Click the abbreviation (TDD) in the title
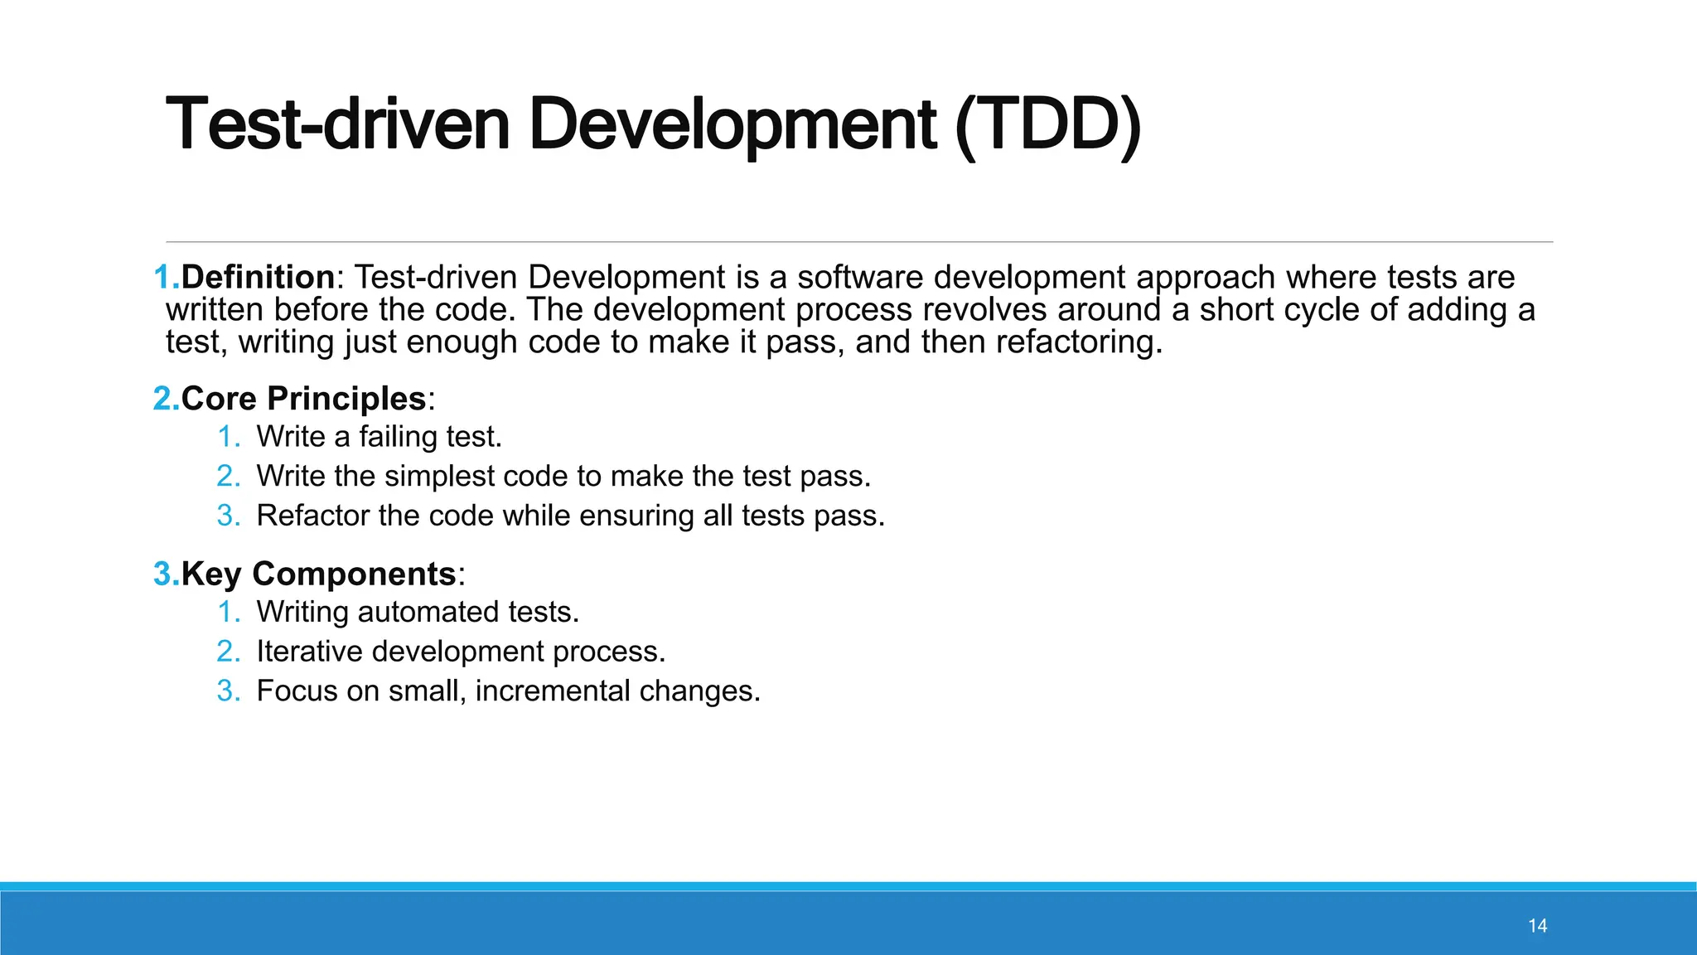tap(1048, 126)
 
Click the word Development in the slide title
tap(732, 126)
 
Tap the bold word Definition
tap(258, 277)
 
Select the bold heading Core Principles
tap(303, 399)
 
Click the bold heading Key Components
tap(318, 574)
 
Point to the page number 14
tap(1537, 926)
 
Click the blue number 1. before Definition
tap(167, 277)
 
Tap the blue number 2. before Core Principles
tap(167, 399)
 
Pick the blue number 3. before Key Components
tap(167, 574)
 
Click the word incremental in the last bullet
tap(553, 691)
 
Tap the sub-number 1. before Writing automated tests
tap(228, 612)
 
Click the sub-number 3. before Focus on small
tap(228, 691)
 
